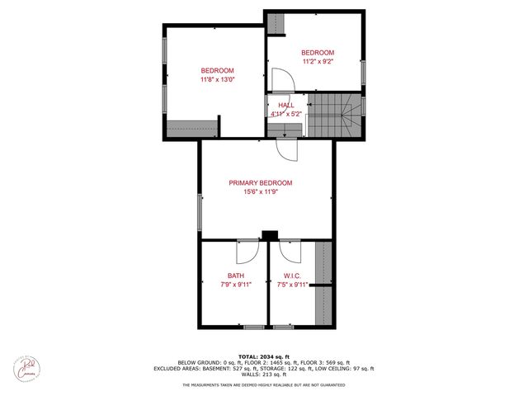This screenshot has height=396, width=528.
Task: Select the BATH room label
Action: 235,276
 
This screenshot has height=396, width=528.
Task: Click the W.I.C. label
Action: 292,276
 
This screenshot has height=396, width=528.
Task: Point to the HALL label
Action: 286,106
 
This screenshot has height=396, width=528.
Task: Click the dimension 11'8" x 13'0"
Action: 217,80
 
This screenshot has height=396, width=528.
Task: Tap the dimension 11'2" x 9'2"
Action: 318,61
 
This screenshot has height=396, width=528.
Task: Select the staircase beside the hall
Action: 333,115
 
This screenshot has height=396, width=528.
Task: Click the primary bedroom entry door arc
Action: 286,149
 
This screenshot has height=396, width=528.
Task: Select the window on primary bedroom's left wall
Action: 199,211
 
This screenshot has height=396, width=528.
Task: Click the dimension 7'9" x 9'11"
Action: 235,285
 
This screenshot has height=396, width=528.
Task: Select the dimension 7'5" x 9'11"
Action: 292,285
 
